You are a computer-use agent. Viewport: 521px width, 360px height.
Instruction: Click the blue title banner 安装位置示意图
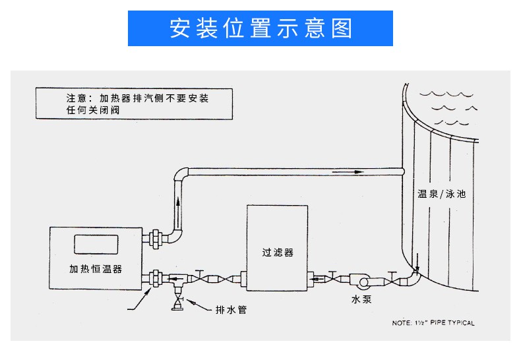pyautogui.click(x=260, y=28)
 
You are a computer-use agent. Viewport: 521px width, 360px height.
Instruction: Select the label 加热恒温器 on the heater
pyautogui.click(x=96, y=269)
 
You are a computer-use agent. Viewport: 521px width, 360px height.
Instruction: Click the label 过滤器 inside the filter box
pyautogui.click(x=277, y=253)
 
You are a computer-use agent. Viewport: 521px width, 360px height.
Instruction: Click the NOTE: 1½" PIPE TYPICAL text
pyautogui.click(x=433, y=323)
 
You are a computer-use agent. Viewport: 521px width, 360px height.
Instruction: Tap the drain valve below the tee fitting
pyautogui.click(x=177, y=304)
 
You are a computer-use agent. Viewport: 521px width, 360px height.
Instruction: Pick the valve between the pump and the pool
pyautogui.click(x=394, y=278)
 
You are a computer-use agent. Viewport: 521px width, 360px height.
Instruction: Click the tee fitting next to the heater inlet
pyautogui.click(x=177, y=281)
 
